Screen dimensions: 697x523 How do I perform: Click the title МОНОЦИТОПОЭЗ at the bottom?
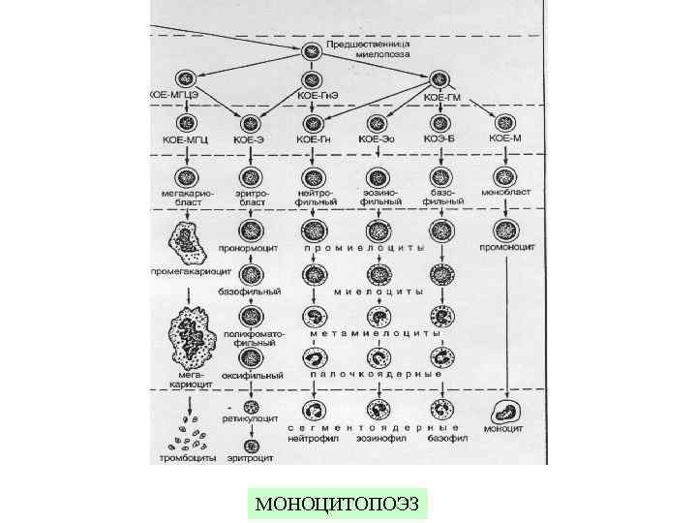click(x=337, y=505)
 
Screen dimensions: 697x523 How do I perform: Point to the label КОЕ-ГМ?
click(x=441, y=96)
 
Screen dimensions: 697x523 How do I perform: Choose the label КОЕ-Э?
click(x=249, y=140)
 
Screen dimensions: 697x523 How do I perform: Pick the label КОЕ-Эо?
click(x=375, y=139)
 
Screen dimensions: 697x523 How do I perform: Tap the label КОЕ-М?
click(x=505, y=139)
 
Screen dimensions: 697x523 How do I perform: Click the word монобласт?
click(x=503, y=193)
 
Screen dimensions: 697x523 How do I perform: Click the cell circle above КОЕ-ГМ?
click(x=440, y=78)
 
